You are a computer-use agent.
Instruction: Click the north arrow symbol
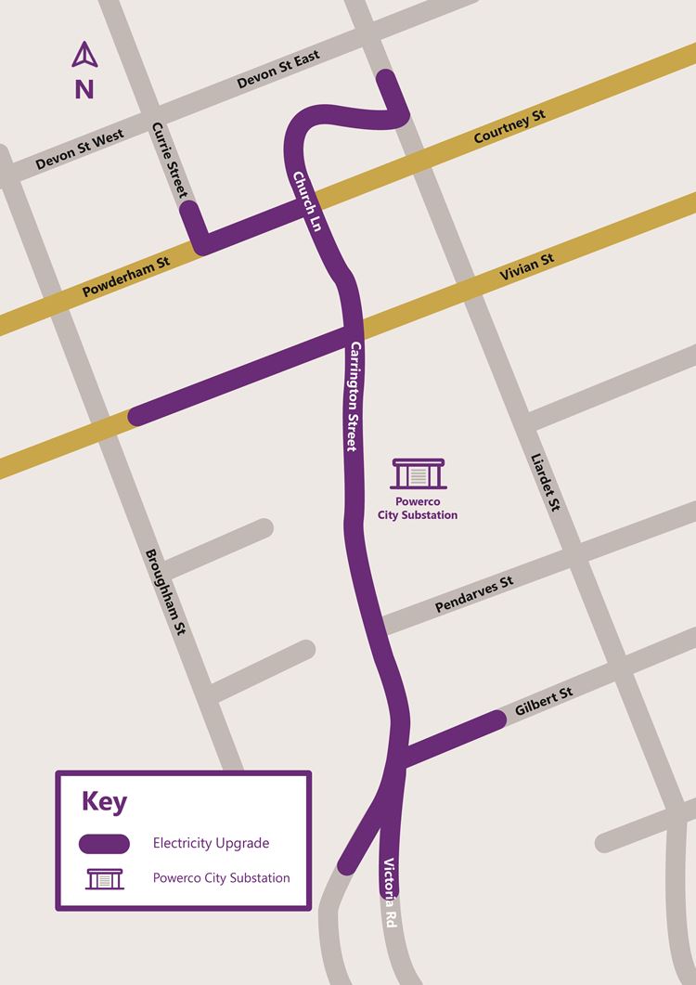[x=84, y=56]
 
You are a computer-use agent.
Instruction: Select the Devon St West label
[x=80, y=150]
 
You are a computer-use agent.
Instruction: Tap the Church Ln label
[x=306, y=201]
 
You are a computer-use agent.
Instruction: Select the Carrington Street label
[x=353, y=396]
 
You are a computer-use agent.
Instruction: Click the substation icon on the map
[x=419, y=473]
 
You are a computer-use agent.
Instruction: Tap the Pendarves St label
[x=474, y=594]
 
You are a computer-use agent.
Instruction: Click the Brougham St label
[x=166, y=591]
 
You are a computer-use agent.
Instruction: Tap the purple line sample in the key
[x=104, y=843]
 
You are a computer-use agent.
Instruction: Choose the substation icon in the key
[x=104, y=877]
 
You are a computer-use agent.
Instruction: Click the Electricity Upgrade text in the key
[x=211, y=843]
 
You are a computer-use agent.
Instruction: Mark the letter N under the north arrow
[x=84, y=90]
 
